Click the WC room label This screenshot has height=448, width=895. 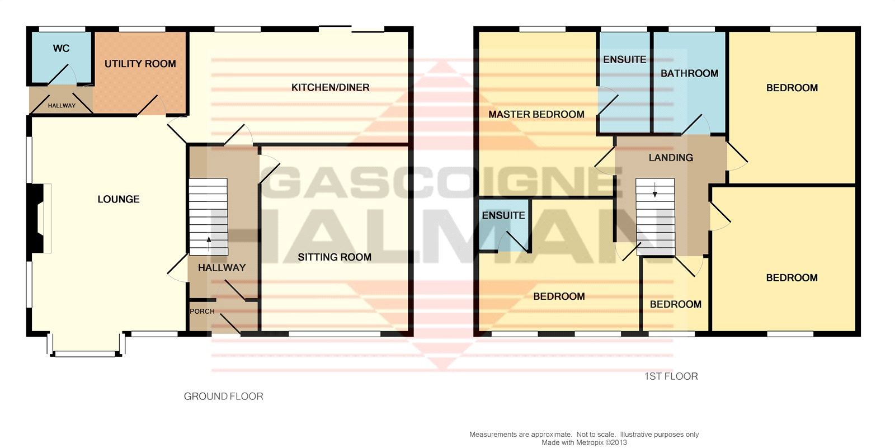[61, 48]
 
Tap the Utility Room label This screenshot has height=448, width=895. [140, 64]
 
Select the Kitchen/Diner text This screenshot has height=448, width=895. [331, 87]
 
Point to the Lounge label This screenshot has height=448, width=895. [119, 199]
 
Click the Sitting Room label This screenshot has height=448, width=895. [335, 257]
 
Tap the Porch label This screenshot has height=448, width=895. [202, 312]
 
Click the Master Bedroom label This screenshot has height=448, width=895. [536, 114]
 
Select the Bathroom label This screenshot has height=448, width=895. [689, 73]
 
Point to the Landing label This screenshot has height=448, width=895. [671, 158]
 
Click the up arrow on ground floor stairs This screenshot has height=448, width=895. [209, 243]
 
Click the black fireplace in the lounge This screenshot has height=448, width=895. [35, 218]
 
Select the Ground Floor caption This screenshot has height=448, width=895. [223, 396]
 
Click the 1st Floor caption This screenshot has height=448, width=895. [671, 376]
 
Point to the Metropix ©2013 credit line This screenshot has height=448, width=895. [584, 442]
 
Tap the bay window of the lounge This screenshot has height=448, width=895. [86, 353]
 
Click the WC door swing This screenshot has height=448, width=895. [62, 75]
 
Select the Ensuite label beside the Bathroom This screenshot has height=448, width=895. [624, 59]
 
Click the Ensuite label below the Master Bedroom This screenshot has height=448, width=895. [503, 215]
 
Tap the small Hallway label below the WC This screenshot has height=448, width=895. [62, 106]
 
